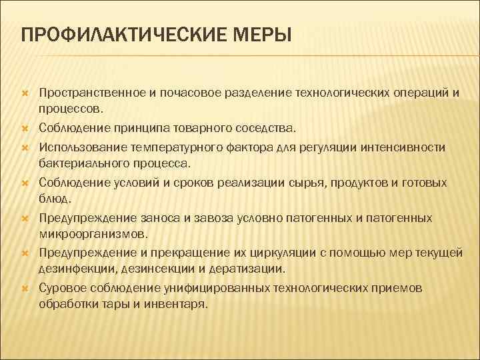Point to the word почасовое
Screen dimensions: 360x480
point(181,92)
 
